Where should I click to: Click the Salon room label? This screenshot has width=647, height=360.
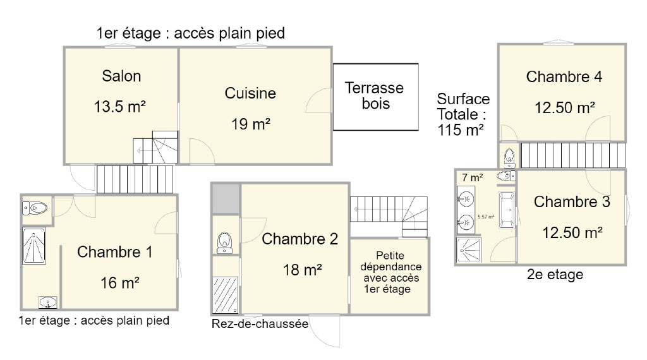tap(121, 76)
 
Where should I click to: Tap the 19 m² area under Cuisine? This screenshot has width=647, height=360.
tap(250, 124)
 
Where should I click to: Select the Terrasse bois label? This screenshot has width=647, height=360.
tap(374, 95)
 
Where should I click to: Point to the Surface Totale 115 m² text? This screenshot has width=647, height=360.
tap(463, 114)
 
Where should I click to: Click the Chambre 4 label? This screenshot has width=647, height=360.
tap(564, 76)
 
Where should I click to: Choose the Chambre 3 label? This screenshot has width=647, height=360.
tap(572, 201)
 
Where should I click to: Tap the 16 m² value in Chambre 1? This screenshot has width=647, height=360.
tap(119, 283)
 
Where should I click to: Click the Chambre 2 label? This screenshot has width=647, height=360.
tap(300, 239)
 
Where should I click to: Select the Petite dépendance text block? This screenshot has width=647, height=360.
tap(390, 272)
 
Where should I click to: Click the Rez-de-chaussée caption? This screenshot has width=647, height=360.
tap(260, 324)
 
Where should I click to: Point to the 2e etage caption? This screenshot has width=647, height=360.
tap(555, 274)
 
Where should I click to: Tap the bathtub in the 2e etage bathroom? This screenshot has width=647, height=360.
tap(506, 210)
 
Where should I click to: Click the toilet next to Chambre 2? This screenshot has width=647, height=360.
tap(224, 243)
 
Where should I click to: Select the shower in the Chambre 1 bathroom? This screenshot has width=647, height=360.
tap(34, 246)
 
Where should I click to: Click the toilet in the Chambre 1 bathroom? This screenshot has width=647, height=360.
tap(35, 208)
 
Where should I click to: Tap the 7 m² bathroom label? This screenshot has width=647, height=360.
tap(473, 177)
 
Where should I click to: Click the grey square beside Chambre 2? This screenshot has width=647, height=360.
tap(226, 198)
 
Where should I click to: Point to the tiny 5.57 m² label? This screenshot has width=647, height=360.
tap(486, 217)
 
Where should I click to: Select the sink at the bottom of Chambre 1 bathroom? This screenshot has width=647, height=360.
tap(48, 303)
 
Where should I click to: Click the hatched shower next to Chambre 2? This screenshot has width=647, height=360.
tap(226, 295)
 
